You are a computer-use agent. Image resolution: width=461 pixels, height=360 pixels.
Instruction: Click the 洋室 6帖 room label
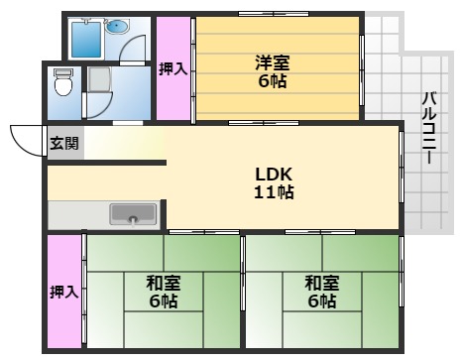click(x=270, y=70)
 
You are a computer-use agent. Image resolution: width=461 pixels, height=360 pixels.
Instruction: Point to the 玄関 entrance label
click(x=61, y=142)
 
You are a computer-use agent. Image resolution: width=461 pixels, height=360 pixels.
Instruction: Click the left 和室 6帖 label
click(x=163, y=291)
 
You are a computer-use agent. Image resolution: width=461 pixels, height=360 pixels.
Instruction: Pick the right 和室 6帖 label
click(x=321, y=291)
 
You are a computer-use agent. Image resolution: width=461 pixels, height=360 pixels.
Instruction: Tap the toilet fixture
click(x=63, y=85)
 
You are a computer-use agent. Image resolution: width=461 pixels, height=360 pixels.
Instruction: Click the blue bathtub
click(x=86, y=40)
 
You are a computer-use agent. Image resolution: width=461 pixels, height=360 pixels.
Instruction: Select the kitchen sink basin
click(x=133, y=213)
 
